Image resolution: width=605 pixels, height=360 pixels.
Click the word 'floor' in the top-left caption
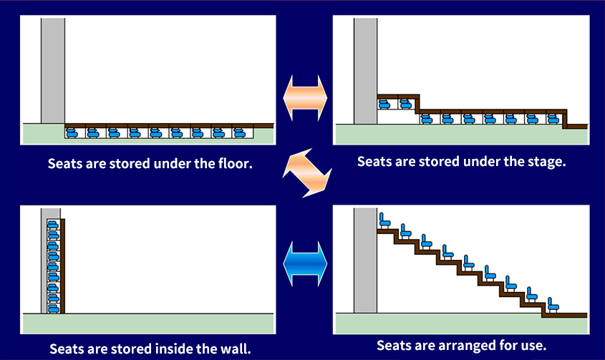(235, 164)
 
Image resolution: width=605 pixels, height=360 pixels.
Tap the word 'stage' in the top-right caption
(546, 162)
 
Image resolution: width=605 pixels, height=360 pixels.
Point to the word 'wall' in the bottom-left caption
(237, 349)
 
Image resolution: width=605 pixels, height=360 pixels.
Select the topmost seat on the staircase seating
(384, 220)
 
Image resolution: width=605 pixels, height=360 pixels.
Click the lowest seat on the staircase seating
(553, 303)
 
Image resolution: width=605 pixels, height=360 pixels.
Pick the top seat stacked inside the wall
(52, 225)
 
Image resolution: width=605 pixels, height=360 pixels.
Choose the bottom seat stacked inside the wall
(52, 307)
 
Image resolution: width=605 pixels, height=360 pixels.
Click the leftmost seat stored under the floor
(73, 132)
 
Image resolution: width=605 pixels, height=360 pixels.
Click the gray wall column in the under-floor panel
(52, 69)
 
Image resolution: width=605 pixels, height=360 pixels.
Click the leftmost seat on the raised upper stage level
(384, 104)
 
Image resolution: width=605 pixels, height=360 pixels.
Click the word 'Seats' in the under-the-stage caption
(376, 162)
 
